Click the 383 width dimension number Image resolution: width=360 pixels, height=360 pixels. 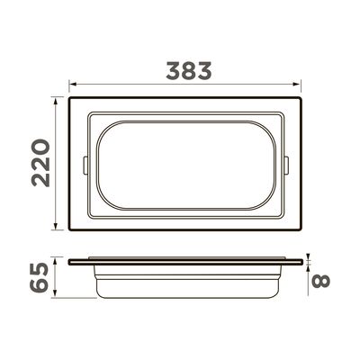[189, 71]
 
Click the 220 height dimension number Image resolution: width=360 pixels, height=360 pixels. [41, 163]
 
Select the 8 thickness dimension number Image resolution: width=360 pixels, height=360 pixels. [320, 281]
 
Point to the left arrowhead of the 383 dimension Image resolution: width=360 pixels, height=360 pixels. [72, 85]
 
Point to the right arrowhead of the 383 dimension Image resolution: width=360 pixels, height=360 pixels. [297, 85]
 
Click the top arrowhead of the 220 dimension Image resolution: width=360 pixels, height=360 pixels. [55, 101]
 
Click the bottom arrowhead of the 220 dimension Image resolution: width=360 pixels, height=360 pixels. [55, 226]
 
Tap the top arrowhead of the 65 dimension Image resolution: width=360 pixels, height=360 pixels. [55, 262]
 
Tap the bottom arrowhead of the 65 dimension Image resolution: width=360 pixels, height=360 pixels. [55, 294]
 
